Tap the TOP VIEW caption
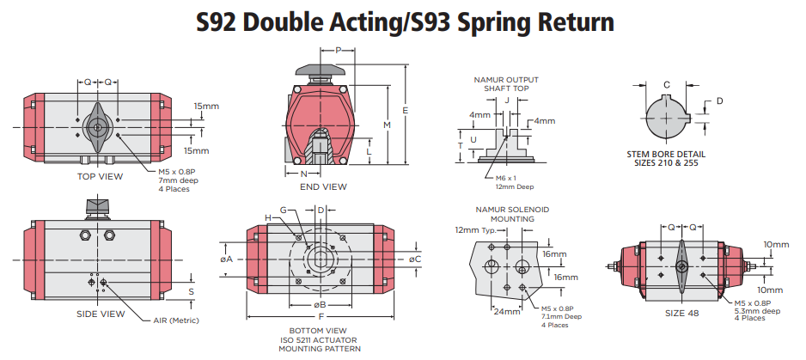(100, 176)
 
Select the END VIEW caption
(323, 186)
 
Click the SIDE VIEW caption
(101, 314)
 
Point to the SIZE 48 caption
(681, 313)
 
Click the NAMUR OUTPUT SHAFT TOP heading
(507, 83)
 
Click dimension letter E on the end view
(405, 110)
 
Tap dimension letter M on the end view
(387, 125)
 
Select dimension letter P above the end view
(339, 51)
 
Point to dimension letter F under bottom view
(320, 317)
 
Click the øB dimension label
(320, 304)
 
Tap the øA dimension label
(227, 259)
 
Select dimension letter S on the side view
(191, 291)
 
